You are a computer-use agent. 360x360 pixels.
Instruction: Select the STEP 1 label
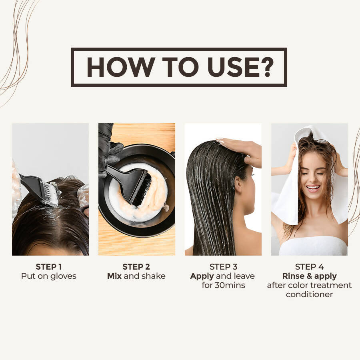click(x=49, y=267)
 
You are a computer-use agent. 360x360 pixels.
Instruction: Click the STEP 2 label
click(x=136, y=267)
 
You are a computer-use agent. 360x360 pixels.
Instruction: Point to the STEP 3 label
click(x=223, y=267)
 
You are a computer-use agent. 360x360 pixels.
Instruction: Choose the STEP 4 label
click(x=309, y=267)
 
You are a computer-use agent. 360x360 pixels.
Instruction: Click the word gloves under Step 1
click(x=63, y=276)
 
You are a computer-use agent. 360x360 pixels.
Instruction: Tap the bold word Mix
click(x=114, y=276)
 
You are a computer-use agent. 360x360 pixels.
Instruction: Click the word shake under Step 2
click(x=154, y=276)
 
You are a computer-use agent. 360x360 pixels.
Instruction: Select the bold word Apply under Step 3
click(x=202, y=276)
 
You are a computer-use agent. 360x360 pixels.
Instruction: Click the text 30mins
click(x=230, y=285)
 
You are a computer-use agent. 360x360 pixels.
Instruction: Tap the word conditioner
click(x=309, y=294)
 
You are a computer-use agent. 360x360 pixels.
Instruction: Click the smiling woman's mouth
click(x=313, y=188)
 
